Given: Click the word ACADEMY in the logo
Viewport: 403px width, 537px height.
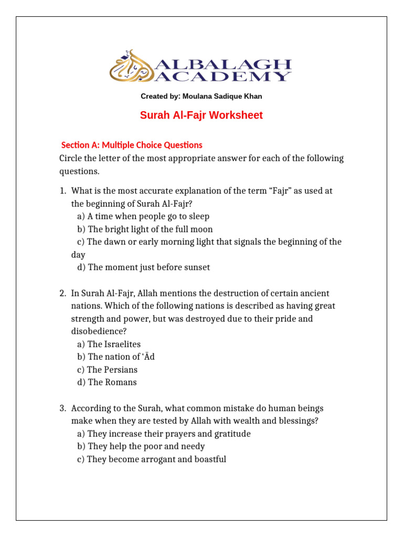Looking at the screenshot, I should point(223,77).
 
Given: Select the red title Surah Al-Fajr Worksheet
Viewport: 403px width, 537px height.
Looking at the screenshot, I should point(201,115).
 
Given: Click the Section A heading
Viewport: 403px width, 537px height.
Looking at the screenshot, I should point(132,145).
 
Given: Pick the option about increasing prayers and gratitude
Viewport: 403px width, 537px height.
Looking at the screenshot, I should point(163,434).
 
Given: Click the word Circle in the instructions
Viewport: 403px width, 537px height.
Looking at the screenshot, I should point(72,158).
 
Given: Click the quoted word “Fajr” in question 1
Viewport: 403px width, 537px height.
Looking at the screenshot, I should point(281,191).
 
